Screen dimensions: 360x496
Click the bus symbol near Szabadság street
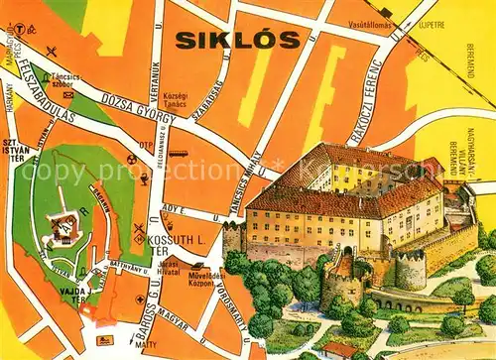click(178, 154)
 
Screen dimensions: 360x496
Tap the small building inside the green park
click(65, 227)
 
